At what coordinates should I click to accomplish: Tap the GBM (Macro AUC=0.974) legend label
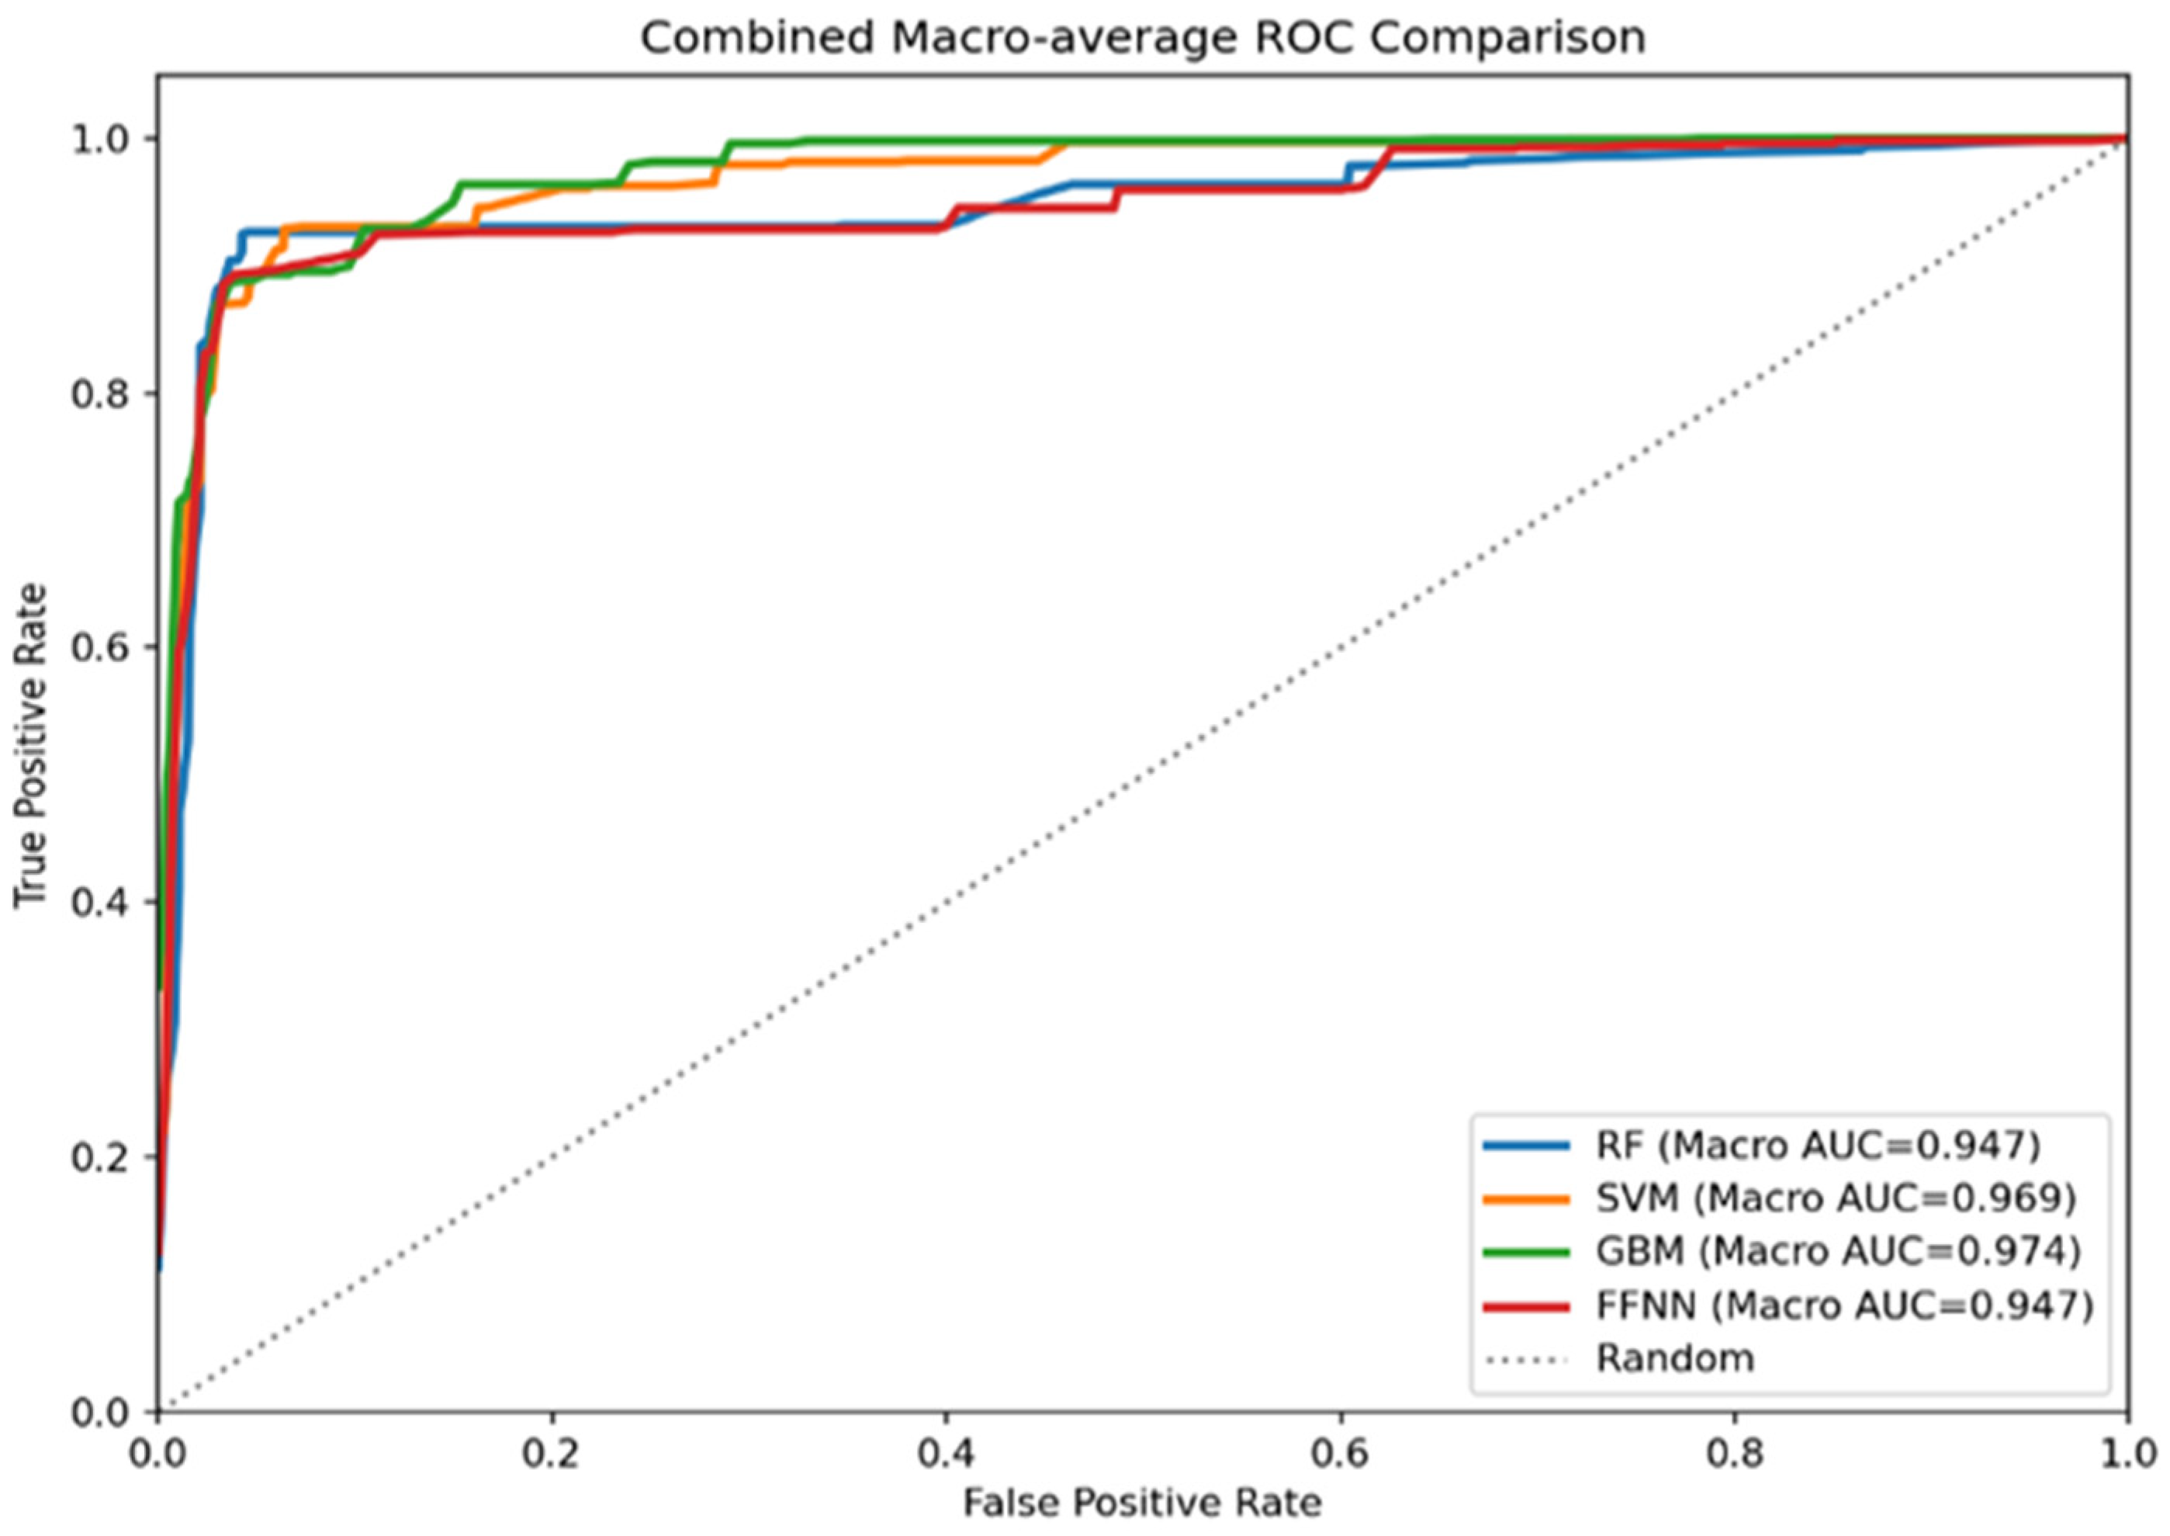click(1838, 1252)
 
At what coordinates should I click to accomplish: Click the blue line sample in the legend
click(1527, 1146)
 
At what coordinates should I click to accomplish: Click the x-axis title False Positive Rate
click(1142, 1503)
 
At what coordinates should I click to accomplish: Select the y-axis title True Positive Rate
click(31, 747)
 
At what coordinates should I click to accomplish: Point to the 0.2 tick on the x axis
click(552, 1454)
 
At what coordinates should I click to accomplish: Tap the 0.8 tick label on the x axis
click(1734, 1454)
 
